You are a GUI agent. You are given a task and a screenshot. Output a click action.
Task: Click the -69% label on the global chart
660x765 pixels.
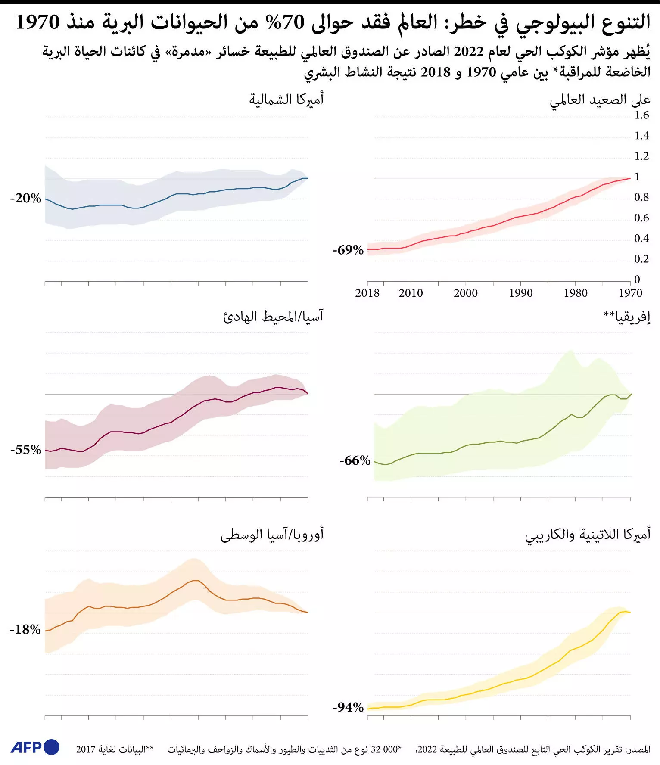click(348, 250)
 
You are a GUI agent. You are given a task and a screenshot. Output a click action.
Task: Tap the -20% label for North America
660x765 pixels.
click(26, 198)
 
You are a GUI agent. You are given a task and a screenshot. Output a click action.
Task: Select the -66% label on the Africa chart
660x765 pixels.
click(355, 460)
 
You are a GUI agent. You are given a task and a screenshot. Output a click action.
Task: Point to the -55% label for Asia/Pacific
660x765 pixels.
click(26, 450)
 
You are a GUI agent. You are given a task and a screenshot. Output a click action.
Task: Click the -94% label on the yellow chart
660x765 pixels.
click(348, 707)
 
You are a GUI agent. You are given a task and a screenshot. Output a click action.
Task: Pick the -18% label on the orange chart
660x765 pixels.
click(25, 629)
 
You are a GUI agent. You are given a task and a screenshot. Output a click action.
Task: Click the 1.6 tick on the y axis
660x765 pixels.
click(641, 115)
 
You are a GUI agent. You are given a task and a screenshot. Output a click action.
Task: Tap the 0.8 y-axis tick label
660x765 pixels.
click(641, 197)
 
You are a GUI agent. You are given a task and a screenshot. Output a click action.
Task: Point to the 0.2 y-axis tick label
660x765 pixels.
click(641, 259)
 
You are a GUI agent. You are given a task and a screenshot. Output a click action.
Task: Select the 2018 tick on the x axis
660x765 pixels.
click(367, 293)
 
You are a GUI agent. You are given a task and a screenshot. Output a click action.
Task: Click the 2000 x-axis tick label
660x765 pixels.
click(466, 293)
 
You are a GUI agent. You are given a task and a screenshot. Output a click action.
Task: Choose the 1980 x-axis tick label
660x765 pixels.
click(576, 293)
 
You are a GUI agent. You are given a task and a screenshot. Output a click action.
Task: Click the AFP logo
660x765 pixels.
click(35, 747)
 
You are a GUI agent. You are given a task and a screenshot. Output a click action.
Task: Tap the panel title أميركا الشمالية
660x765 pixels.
click(286, 100)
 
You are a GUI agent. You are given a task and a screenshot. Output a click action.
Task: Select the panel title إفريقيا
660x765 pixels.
click(627, 317)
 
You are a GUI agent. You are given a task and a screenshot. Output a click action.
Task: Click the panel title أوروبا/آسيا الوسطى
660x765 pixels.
click(272, 535)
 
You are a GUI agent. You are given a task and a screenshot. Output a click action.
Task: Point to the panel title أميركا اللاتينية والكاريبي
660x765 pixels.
click(588, 535)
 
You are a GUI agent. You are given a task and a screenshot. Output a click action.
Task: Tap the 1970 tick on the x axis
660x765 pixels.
click(631, 293)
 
